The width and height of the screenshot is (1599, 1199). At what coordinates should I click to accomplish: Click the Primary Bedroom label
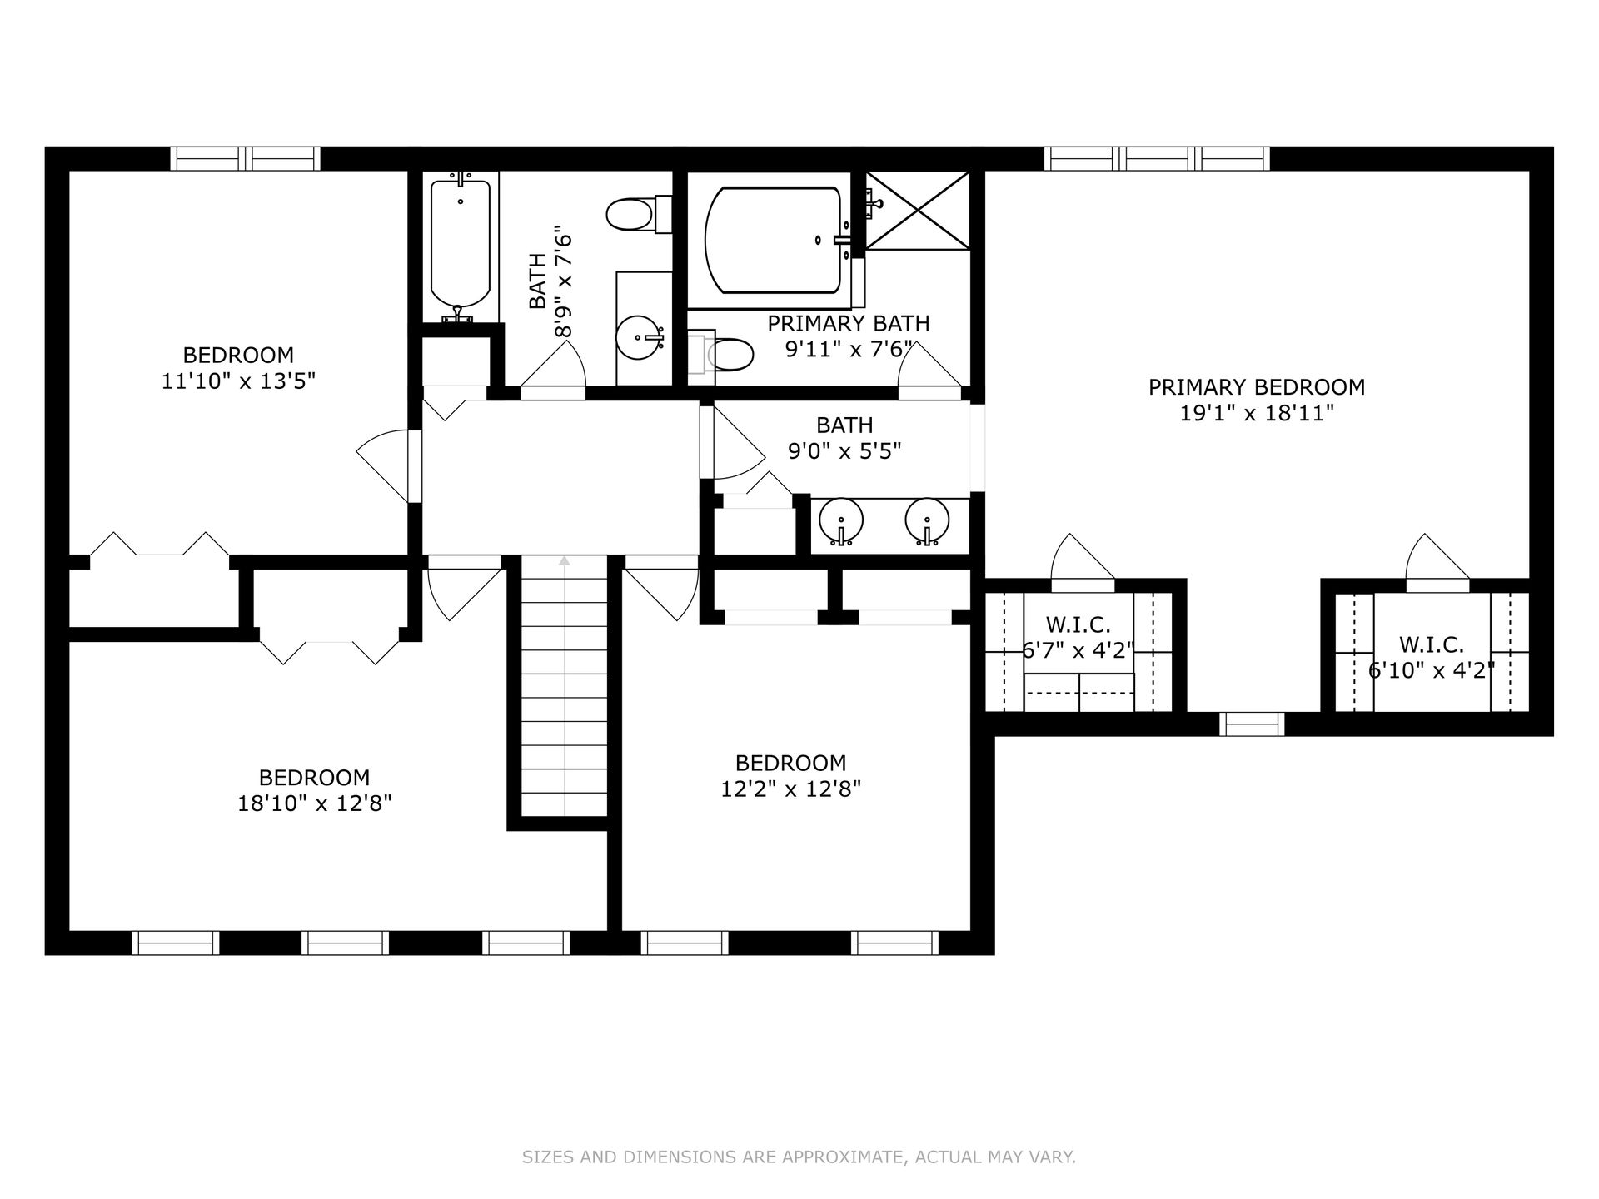click(x=1257, y=387)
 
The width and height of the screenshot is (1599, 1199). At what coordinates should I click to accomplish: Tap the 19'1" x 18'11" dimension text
click(x=1257, y=413)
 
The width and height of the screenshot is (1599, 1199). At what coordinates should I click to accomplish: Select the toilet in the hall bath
click(x=639, y=215)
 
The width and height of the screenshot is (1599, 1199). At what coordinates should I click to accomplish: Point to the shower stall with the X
click(x=918, y=210)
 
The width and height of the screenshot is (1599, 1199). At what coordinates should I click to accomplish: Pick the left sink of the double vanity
click(x=841, y=522)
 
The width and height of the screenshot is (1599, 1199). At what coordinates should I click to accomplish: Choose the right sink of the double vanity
click(x=927, y=522)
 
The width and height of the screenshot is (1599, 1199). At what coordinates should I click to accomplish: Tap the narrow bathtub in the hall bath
click(x=461, y=246)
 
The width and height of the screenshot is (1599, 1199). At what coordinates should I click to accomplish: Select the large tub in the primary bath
click(x=773, y=240)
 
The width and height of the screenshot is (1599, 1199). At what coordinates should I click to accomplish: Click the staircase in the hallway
click(x=565, y=686)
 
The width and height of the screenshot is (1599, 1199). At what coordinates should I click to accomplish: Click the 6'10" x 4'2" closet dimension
click(x=1432, y=670)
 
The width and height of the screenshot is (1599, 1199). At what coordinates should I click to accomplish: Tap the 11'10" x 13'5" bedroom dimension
click(x=238, y=381)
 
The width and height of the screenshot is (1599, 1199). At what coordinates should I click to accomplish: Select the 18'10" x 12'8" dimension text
click(x=315, y=803)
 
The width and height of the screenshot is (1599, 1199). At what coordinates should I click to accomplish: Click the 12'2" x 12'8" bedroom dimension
click(x=790, y=789)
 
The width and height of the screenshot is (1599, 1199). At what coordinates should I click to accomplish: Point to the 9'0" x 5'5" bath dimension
click(x=844, y=451)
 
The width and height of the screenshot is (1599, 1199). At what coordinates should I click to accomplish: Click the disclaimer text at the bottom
click(x=799, y=1157)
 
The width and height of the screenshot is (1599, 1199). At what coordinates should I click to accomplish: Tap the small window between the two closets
click(x=1252, y=724)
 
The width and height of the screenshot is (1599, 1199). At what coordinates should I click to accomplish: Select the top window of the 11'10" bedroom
click(x=246, y=159)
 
